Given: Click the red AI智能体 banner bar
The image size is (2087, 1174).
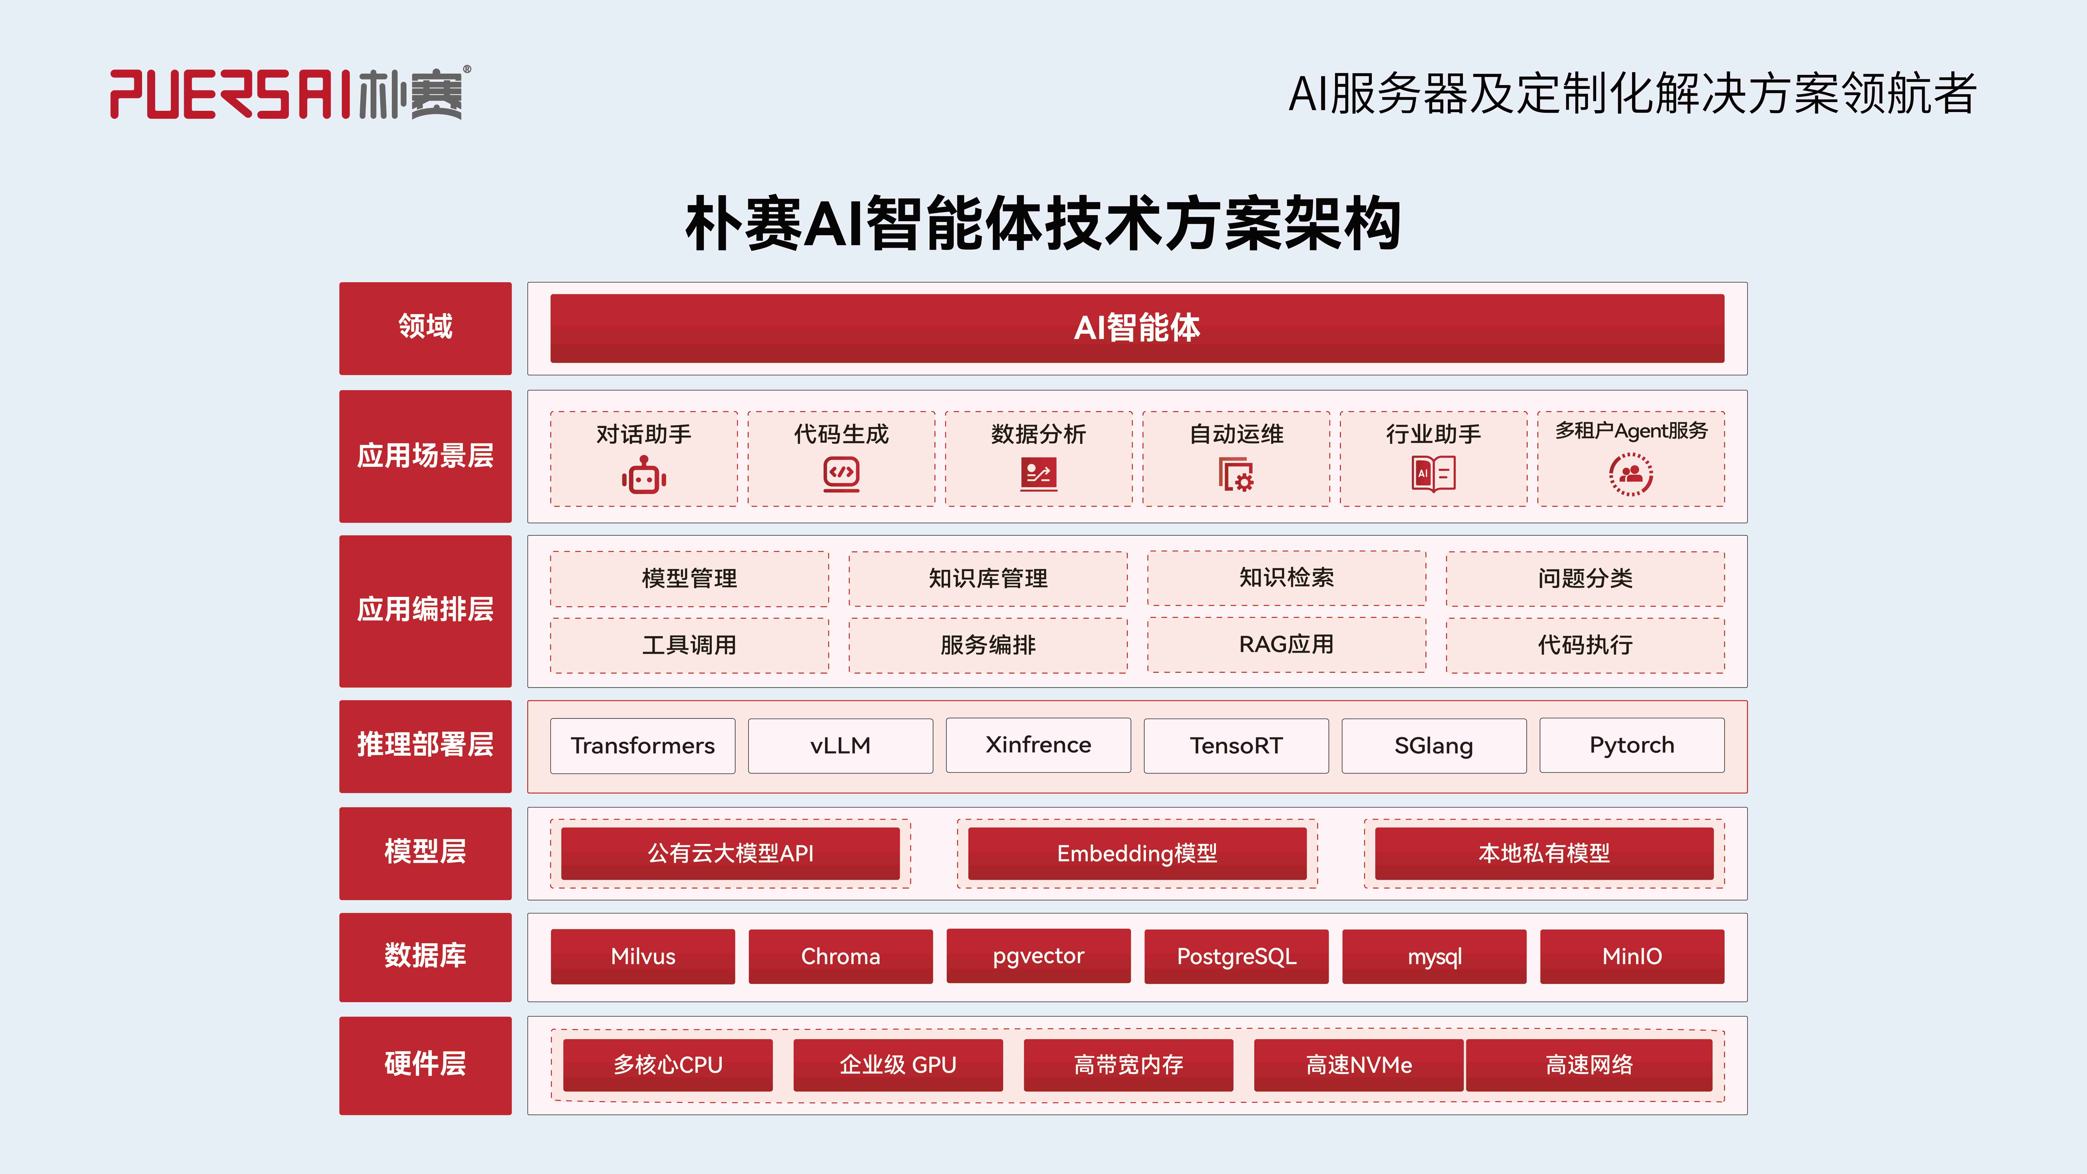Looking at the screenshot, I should click(x=1137, y=328).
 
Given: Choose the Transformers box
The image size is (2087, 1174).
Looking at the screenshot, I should click(x=642, y=745).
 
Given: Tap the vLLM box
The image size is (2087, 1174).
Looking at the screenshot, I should click(x=840, y=745).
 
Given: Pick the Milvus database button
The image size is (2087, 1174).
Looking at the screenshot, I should click(x=642, y=956).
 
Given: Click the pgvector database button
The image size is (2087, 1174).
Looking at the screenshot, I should click(x=1038, y=956).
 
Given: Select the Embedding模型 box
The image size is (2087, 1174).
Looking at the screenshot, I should click(x=1137, y=853).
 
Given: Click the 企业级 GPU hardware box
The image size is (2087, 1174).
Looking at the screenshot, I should click(x=898, y=1065).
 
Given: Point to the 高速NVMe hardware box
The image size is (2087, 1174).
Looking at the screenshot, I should click(x=1359, y=1065).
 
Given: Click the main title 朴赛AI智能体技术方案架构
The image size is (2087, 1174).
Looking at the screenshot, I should click(x=1043, y=223).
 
